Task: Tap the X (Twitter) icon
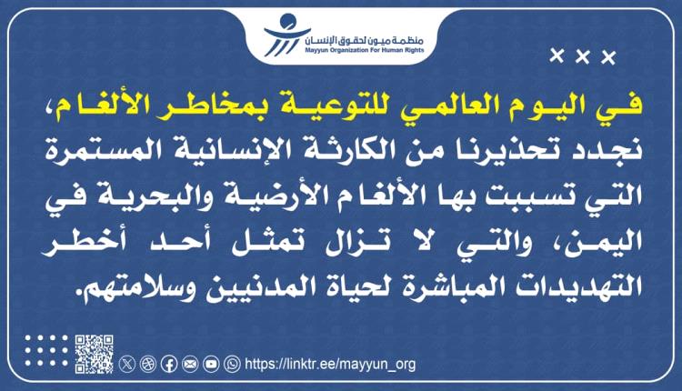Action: (127, 364)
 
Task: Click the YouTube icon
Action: (211, 364)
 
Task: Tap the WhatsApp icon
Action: (232, 364)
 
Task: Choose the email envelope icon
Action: (189, 364)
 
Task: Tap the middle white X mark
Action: (583, 59)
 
